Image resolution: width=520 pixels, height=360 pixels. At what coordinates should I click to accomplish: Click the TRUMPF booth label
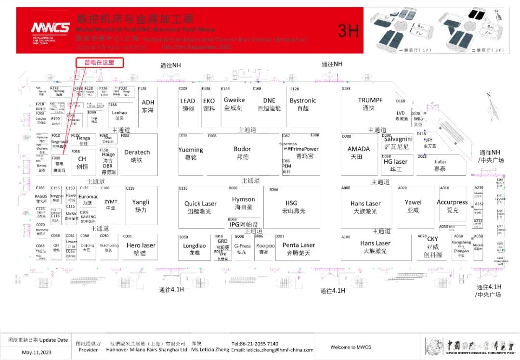[x=370, y=101]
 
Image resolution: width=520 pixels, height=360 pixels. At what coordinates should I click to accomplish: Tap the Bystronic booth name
[x=303, y=101]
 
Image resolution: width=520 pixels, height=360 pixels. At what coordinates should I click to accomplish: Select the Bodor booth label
[x=242, y=149]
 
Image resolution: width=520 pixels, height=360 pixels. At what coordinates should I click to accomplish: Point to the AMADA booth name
[x=359, y=149]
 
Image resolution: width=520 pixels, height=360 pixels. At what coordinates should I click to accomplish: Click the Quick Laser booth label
[x=200, y=204]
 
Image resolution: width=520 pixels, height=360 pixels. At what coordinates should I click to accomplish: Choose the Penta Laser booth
[x=299, y=245]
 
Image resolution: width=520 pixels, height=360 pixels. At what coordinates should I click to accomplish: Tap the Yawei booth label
[x=413, y=203]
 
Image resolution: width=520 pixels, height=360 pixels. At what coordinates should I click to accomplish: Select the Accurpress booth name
[x=452, y=202]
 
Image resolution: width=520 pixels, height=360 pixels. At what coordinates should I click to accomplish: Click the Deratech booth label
[x=137, y=152]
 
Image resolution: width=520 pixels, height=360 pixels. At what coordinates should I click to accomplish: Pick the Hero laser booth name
[x=141, y=245]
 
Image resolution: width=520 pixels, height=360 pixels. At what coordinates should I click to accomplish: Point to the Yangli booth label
[x=141, y=202]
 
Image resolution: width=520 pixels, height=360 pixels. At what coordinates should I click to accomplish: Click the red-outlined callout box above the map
[x=100, y=63]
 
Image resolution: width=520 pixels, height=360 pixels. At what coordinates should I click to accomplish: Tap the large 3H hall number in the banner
[x=348, y=30]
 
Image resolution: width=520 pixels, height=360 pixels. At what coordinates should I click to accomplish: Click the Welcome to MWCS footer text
[x=351, y=347]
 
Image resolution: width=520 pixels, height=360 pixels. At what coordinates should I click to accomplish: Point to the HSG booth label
[x=291, y=203]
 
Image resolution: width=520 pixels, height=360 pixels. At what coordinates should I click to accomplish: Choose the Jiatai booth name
[x=440, y=162]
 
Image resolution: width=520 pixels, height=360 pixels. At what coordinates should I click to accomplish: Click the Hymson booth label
[x=243, y=199]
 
